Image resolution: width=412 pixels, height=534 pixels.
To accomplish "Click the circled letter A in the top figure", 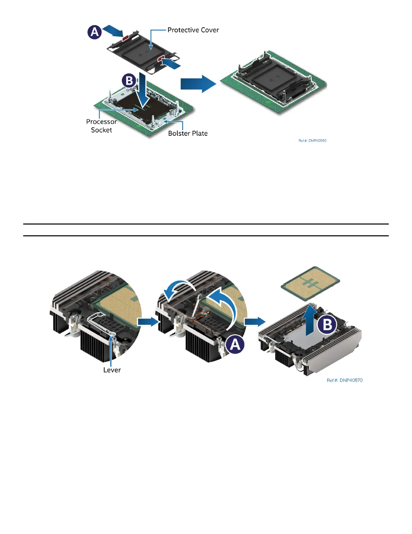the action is coord(95,32).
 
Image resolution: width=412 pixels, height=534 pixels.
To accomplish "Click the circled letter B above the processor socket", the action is coord(129,81).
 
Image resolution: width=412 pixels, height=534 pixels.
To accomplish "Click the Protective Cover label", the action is coord(193,30).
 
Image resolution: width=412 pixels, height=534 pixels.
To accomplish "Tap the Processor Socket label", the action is coord(101,126).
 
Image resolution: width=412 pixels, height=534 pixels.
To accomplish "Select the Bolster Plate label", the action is coord(188,133).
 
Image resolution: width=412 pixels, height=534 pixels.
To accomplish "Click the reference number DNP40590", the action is coord(312,141).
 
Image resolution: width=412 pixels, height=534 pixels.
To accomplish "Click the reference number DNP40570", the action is coord(344,380).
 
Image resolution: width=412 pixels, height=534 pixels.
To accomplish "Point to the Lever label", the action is coord(112,370).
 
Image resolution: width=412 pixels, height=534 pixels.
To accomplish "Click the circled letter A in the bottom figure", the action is coord(235,345).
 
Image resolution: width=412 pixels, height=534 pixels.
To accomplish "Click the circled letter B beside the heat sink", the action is coord(327,325).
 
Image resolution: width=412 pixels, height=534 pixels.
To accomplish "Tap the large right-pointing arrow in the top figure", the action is coord(198,84).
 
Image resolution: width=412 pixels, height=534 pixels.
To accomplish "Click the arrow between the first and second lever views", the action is coord(148,322).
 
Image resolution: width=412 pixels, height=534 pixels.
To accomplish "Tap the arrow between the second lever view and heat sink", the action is coord(254,322).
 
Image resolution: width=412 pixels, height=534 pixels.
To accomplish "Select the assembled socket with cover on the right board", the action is coord(273,81).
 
